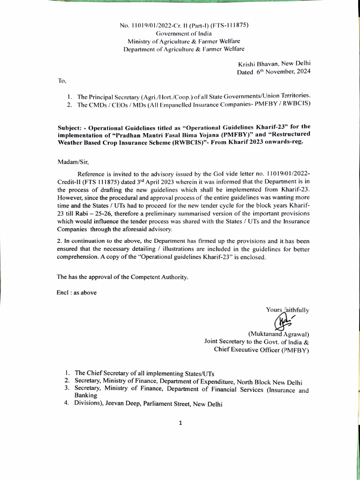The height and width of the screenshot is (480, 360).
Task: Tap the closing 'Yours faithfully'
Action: pyautogui.click(x=287, y=309)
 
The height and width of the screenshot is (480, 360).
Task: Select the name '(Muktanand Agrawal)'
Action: pyautogui.click(x=278, y=334)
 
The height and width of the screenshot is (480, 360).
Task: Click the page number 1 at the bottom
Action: pyautogui.click(x=180, y=423)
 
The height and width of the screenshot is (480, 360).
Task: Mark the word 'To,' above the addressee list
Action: pyautogui.click(x=62, y=81)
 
